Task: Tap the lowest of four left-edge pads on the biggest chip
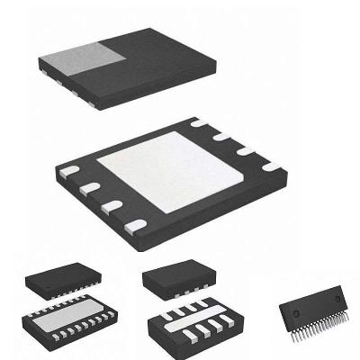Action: [134, 223]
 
